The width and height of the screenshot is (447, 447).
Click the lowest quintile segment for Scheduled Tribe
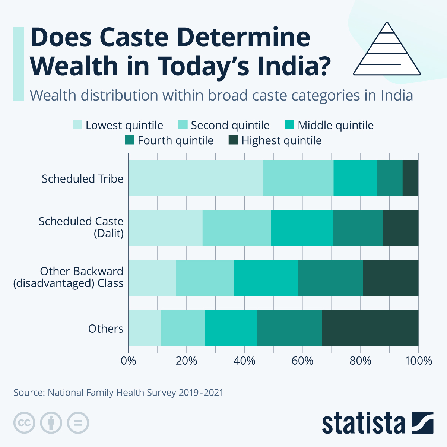(x=196, y=178)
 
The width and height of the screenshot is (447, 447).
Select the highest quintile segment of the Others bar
(x=370, y=328)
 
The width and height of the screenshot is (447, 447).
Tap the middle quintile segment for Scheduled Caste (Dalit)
(x=302, y=228)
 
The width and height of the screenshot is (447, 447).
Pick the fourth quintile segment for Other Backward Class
(x=330, y=278)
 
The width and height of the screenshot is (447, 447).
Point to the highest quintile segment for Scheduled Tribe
(x=410, y=178)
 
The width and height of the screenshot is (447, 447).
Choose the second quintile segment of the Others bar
(x=183, y=328)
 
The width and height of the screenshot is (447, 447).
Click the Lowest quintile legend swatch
(x=77, y=125)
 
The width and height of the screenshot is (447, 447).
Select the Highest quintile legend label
(x=281, y=140)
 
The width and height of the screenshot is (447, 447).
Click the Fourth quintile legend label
(x=175, y=140)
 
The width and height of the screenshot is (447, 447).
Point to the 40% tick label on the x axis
(x=244, y=361)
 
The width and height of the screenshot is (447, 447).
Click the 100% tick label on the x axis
(x=418, y=361)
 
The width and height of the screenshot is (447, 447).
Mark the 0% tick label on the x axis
(x=129, y=361)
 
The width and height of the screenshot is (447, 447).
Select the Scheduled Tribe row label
(x=82, y=179)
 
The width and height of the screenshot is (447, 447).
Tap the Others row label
(x=106, y=329)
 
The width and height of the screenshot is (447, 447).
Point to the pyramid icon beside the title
(x=387, y=49)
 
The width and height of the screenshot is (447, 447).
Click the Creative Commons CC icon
(x=24, y=423)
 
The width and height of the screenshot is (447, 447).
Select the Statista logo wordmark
(x=363, y=424)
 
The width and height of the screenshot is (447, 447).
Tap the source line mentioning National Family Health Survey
(x=118, y=393)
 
